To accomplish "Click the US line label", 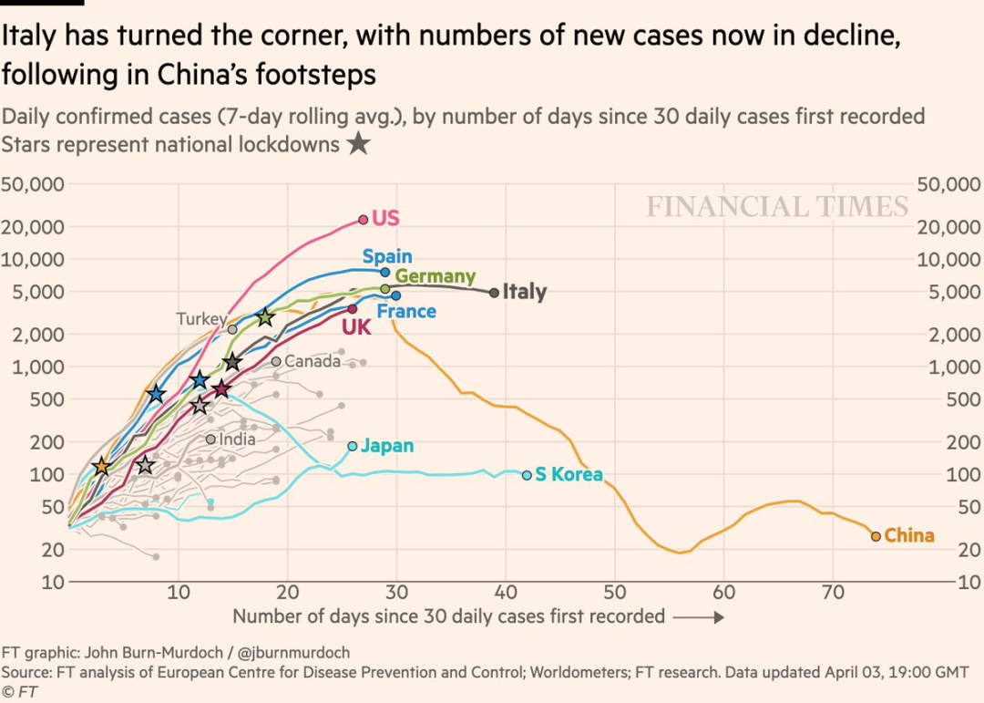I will click(386, 219).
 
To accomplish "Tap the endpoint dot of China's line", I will click(876, 536).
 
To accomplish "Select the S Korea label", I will click(569, 475).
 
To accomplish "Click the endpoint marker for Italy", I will click(494, 293).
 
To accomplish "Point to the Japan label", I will click(387, 446).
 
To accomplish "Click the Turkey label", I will click(200, 319).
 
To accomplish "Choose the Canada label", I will click(313, 361).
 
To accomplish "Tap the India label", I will click(237, 439).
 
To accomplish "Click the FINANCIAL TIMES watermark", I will click(777, 207).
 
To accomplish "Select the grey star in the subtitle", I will click(358, 144).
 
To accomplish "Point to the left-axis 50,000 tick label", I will click(33, 183).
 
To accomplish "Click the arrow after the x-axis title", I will click(699, 617).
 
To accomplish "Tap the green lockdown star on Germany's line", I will click(265, 317).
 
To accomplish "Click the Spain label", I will click(387, 257).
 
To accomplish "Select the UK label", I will click(355, 327).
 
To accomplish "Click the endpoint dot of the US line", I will click(363, 220).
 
